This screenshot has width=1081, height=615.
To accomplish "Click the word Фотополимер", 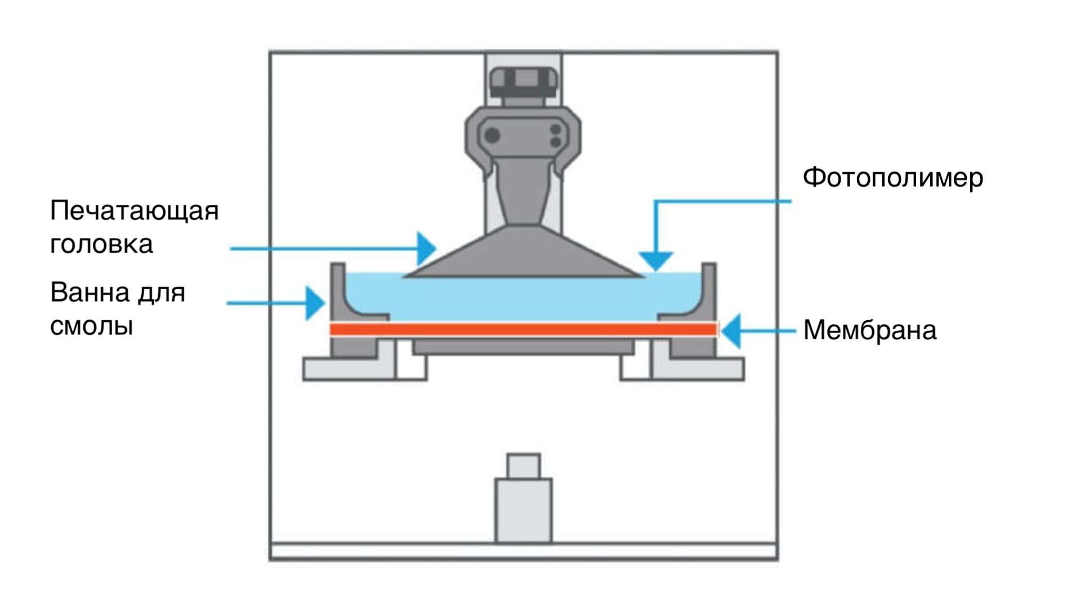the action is pyautogui.click(x=892, y=178).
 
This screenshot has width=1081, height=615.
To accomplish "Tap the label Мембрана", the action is pyautogui.click(x=870, y=330).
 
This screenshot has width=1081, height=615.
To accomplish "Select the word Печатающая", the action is pyautogui.click(x=134, y=212).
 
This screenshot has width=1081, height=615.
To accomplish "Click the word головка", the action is pyautogui.click(x=101, y=244).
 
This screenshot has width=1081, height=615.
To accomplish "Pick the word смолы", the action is pyautogui.click(x=91, y=326).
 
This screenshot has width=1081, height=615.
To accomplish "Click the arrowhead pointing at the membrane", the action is pyautogui.click(x=731, y=331).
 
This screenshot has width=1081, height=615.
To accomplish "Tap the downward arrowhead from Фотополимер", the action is pyautogui.click(x=656, y=261).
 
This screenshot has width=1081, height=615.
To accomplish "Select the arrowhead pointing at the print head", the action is pyautogui.click(x=427, y=248).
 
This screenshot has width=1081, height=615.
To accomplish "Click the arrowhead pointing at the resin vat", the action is pyautogui.click(x=315, y=303).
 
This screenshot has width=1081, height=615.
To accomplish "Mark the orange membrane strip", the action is pyautogui.click(x=524, y=330).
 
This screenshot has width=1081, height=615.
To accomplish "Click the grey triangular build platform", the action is pyautogui.click(x=524, y=252).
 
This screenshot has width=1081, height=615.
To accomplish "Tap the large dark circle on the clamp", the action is pyautogui.click(x=493, y=135).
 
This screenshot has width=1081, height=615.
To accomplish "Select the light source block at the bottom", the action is pyautogui.click(x=524, y=510).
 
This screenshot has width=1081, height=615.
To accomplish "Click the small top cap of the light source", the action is pyautogui.click(x=524, y=466).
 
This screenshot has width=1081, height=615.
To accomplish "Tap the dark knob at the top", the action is pyautogui.click(x=524, y=82).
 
